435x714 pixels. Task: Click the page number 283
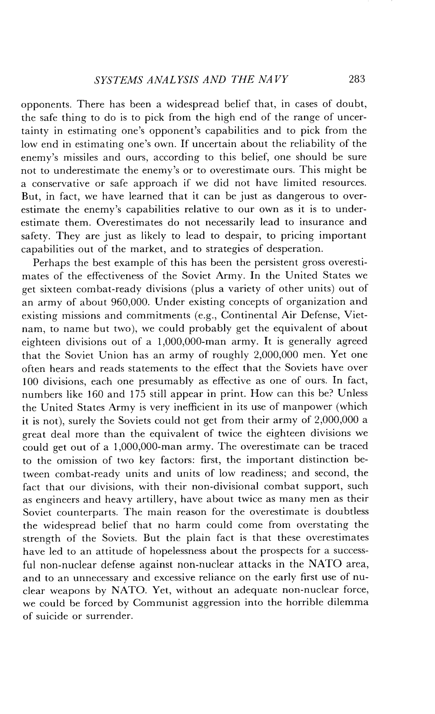pyautogui.click(x=357, y=79)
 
